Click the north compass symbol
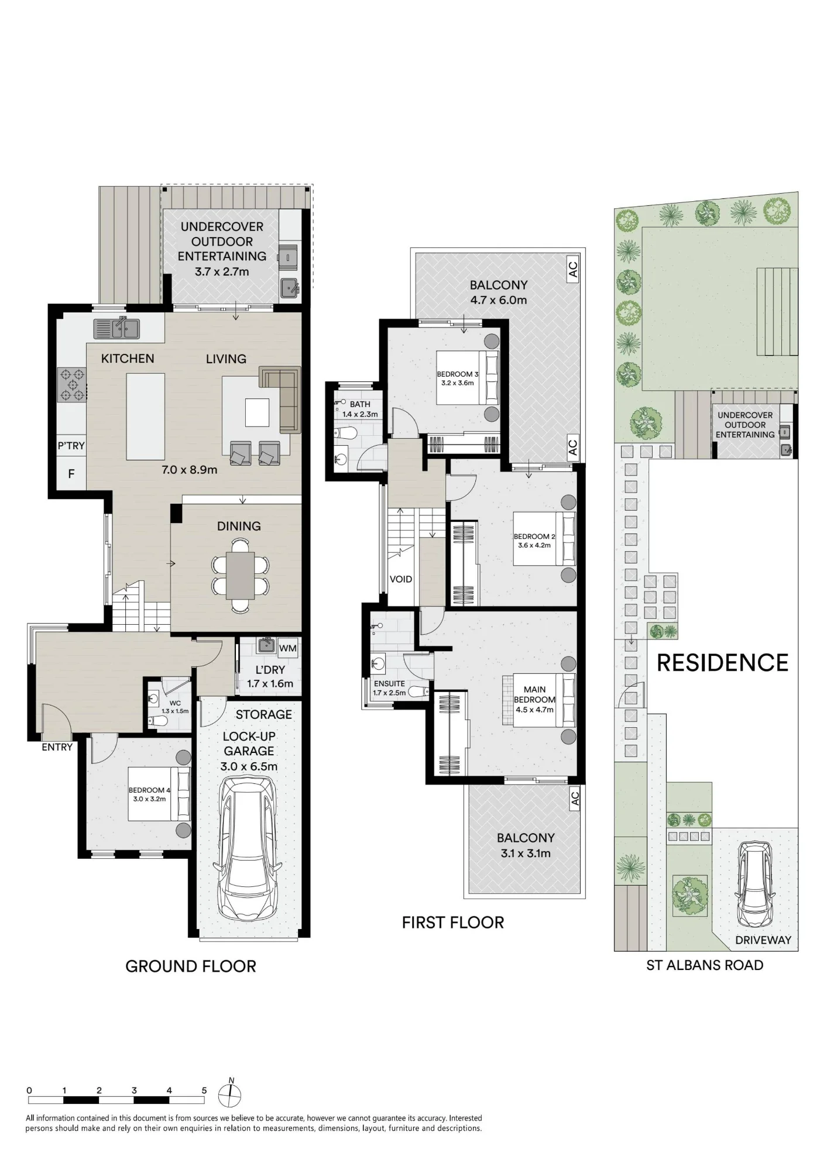click(230, 1094)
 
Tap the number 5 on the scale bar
click(204, 1090)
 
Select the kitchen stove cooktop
click(71, 384)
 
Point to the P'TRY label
click(71, 446)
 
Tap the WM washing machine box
click(287, 648)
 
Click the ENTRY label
click(57, 747)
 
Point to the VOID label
click(401, 579)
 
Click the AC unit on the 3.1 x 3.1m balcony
click(575, 799)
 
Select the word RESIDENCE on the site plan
click(723, 663)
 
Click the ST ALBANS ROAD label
click(705, 965)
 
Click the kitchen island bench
click(145, 417)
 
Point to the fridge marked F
click(71, 473)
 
